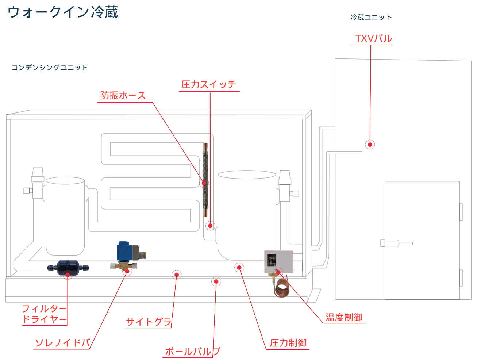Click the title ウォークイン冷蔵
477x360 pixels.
tap(63, 12)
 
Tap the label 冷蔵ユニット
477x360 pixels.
tap(371, 17)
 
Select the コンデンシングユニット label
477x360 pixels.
tap(50, 68)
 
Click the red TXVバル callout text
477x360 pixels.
tap(373, 38)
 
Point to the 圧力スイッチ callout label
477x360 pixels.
tap(209, 85)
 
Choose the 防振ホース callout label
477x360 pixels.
tap(123, 96)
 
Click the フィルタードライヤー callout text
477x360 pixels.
tap(45, 314)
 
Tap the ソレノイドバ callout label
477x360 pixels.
tap(62, 343)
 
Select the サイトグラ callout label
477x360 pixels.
tap(149, 322)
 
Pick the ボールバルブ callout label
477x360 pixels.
tap(192, 352)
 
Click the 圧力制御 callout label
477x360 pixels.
tap(288, 343)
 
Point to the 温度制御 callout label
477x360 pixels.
tap(344, 317)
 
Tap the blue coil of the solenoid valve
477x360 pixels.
tap(125, 251)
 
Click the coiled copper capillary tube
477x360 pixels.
tap(281, 288)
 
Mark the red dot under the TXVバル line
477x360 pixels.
tap(370, 145)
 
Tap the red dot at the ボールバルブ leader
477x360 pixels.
tap(216, 282)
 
